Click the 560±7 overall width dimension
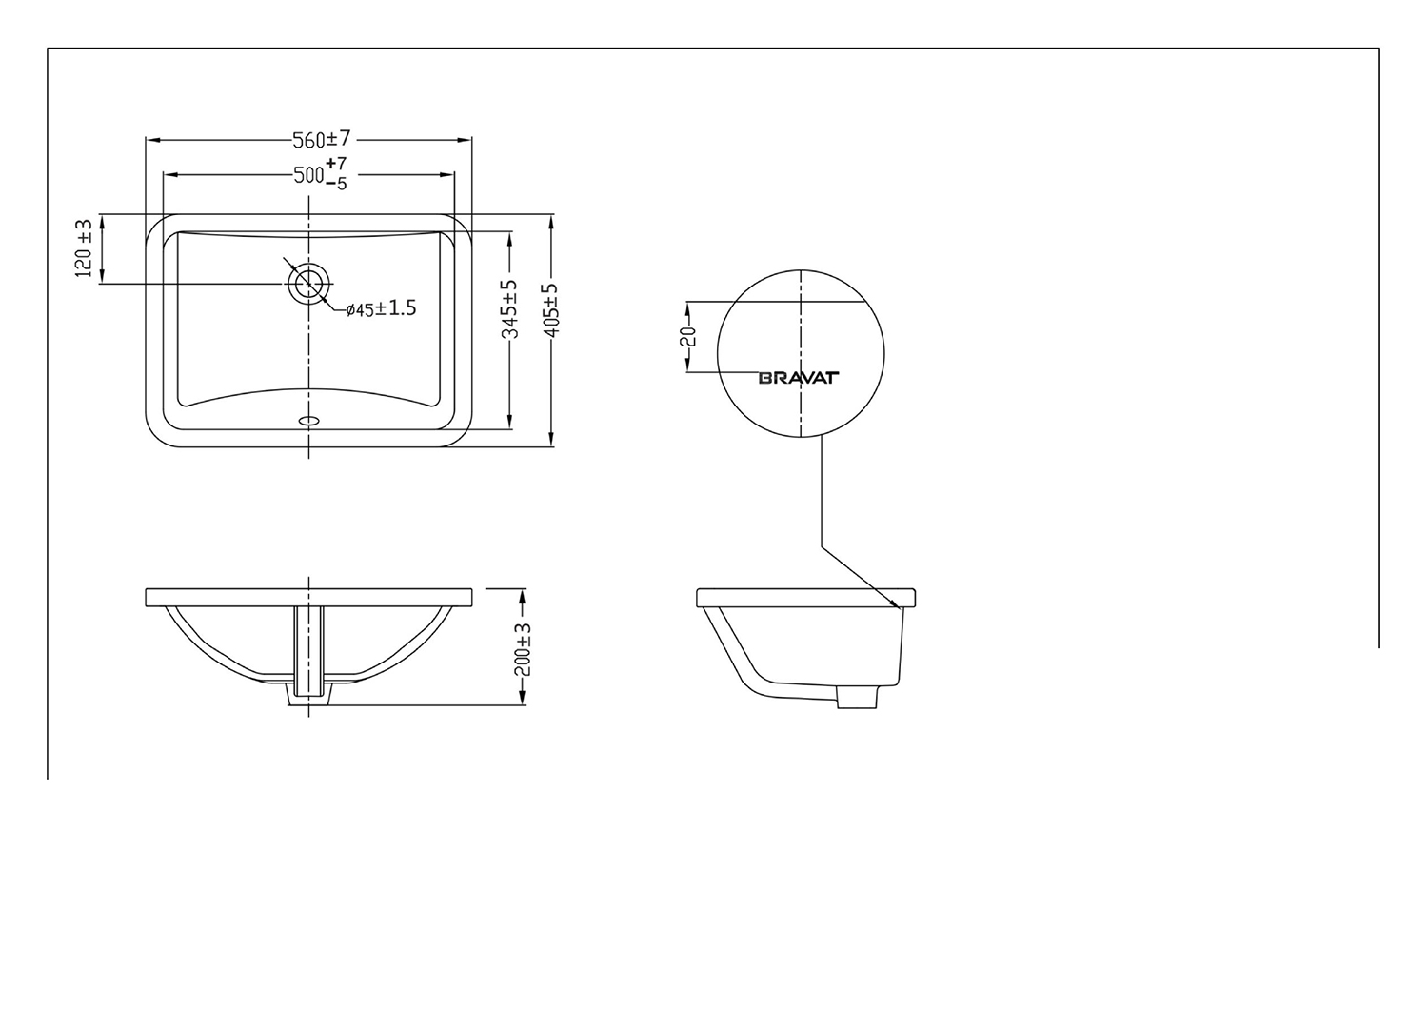tap(322, 140)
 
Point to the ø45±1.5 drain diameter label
tap(381, 308)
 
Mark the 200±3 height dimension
tap(523, 649)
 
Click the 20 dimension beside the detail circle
tap(690, 336)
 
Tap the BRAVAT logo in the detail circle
tap(798, 378)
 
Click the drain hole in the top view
tap(308, 284)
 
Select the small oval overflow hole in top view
tap(309, 419)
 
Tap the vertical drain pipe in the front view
tap(309, 652)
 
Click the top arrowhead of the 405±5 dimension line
tap(552, 220)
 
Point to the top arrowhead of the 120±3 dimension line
tap(102, 220)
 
